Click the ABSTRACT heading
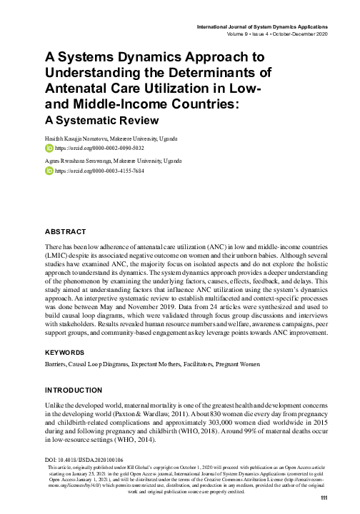[66, 232]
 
